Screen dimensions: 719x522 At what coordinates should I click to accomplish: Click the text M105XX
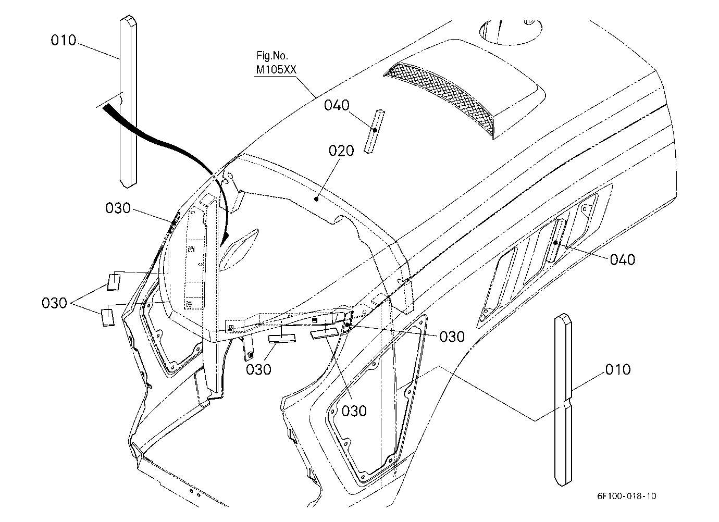[276, 70]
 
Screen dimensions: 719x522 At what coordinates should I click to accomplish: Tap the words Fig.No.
[272, 56]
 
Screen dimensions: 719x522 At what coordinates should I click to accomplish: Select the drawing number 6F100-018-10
[627, 496]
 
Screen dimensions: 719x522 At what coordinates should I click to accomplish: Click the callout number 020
[341, 151]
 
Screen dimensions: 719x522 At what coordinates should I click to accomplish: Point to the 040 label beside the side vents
[623, 260]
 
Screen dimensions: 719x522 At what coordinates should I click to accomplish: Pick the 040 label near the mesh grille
[337, 105]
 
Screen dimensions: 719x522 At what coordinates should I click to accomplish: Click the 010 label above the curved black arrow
[64, 41]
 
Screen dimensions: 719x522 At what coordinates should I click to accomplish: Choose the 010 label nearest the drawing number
[618, 370]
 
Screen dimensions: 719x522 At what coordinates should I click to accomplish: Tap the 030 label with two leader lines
[54, 303]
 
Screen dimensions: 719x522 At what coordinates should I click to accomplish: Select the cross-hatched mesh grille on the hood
[441, 96]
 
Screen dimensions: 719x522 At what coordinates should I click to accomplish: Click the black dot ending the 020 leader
[316, 199]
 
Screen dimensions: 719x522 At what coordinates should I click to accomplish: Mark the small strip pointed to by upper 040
[374, 131]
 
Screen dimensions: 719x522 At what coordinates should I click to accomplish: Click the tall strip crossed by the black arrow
[128, 101]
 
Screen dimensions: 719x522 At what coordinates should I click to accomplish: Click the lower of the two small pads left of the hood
[108, 317]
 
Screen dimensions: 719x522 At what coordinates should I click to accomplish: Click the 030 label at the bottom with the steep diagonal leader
[354, 411]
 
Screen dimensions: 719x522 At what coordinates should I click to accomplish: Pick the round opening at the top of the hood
[511, 32]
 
